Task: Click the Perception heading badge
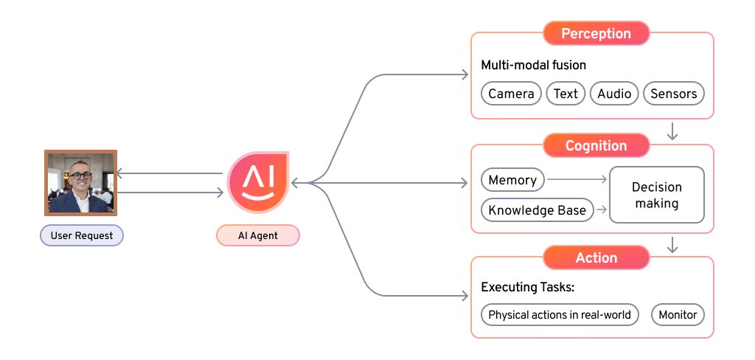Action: (x=596, y=33)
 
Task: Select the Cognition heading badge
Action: (x=596, y=145)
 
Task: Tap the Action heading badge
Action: (x=596, y=257)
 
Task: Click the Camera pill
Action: (x=511, y=94)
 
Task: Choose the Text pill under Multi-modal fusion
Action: (x=566, y=94)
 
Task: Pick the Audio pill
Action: (x=614, y=94)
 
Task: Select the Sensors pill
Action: (x=674, y=94)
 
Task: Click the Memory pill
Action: (x=512, y=180)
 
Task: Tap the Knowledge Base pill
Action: (x=537, y=210)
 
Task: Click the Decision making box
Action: (x=656, y=195)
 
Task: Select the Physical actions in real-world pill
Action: (x=560, y=315)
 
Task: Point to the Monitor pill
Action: (x=678, y=315)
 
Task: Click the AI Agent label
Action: (x=257, y=235)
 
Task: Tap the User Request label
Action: (x=81, y=235)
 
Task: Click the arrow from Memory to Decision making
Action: (x=577, y=179)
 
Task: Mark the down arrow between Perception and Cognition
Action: (x=672, y=131)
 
